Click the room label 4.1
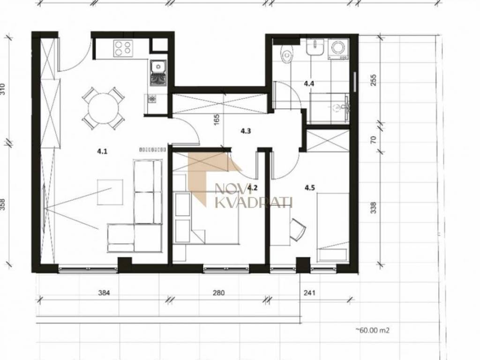point(102,151)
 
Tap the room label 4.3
point(246,131)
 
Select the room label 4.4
point(309,83)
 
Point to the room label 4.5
point(309,187)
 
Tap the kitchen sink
point(158,73)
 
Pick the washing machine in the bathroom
point(338,49)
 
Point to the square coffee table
point(110,192)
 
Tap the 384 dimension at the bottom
point(104,293)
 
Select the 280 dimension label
point(218,293)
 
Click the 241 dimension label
point(309,293)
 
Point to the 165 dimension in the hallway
point(217,120)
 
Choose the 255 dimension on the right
point(374,80)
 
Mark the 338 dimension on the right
point(374,208)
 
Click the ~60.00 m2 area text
point(373,330)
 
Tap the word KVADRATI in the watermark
point(254,202)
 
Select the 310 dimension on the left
point(3,89)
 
